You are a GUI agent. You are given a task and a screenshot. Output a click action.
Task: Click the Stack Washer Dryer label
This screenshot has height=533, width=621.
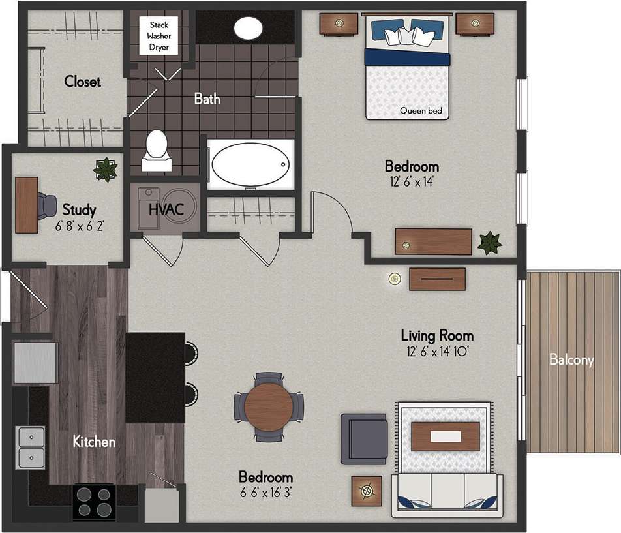159,37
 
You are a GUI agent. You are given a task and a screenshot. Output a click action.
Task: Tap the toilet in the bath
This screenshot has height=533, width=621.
157,150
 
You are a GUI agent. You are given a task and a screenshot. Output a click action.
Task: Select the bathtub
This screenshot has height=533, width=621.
250,166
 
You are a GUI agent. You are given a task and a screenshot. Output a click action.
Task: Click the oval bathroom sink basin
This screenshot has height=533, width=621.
248,28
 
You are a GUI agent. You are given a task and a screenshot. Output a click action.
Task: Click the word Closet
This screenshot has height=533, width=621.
82,82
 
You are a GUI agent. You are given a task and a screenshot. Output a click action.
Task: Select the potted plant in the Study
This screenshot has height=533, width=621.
104,169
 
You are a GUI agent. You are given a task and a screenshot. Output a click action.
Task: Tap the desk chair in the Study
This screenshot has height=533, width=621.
47,206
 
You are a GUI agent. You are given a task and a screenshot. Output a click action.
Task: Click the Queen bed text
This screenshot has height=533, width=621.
421,111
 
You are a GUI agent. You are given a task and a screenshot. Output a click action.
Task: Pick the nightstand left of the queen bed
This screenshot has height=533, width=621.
339,24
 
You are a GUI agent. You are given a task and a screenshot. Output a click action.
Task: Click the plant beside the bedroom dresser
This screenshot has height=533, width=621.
489,243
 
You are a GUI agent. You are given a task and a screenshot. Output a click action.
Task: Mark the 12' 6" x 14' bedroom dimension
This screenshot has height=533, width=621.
412,182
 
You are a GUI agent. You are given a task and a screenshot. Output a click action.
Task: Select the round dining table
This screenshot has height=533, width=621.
269,406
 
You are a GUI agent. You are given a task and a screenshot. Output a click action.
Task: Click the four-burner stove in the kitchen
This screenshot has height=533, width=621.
94,501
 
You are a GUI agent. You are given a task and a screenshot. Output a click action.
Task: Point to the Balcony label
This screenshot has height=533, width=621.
571,359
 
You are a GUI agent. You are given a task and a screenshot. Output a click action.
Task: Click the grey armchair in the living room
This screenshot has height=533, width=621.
363,438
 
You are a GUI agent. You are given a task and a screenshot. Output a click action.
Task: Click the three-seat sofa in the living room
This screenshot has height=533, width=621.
447,495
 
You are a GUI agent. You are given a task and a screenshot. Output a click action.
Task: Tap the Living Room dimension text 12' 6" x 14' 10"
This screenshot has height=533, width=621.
436,352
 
